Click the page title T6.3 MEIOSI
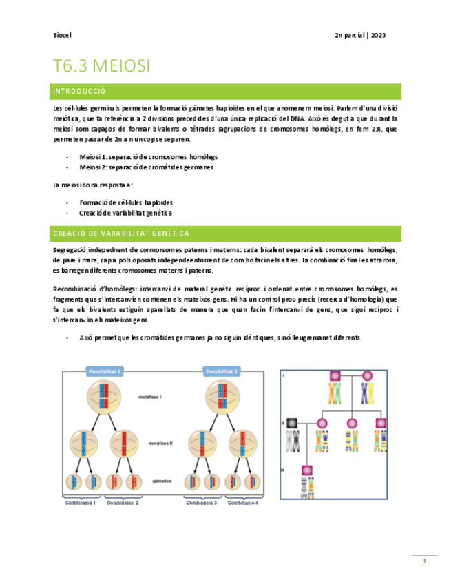[x=101, y=66]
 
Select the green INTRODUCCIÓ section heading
[x=79, y=91]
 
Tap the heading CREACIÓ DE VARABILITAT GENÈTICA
[x=121, y=233]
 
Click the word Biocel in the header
[x=62, y=35]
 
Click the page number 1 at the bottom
[x=425, y=563]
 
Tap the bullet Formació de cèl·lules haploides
[x=126, y=202]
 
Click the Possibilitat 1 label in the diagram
[x=105, y=372]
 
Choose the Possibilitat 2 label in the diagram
[x=222, y=372]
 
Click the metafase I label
[x=162, y=398]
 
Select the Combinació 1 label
[x=79, y=503]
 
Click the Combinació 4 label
[x=243, y=503]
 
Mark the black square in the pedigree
[x=292, y=422]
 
